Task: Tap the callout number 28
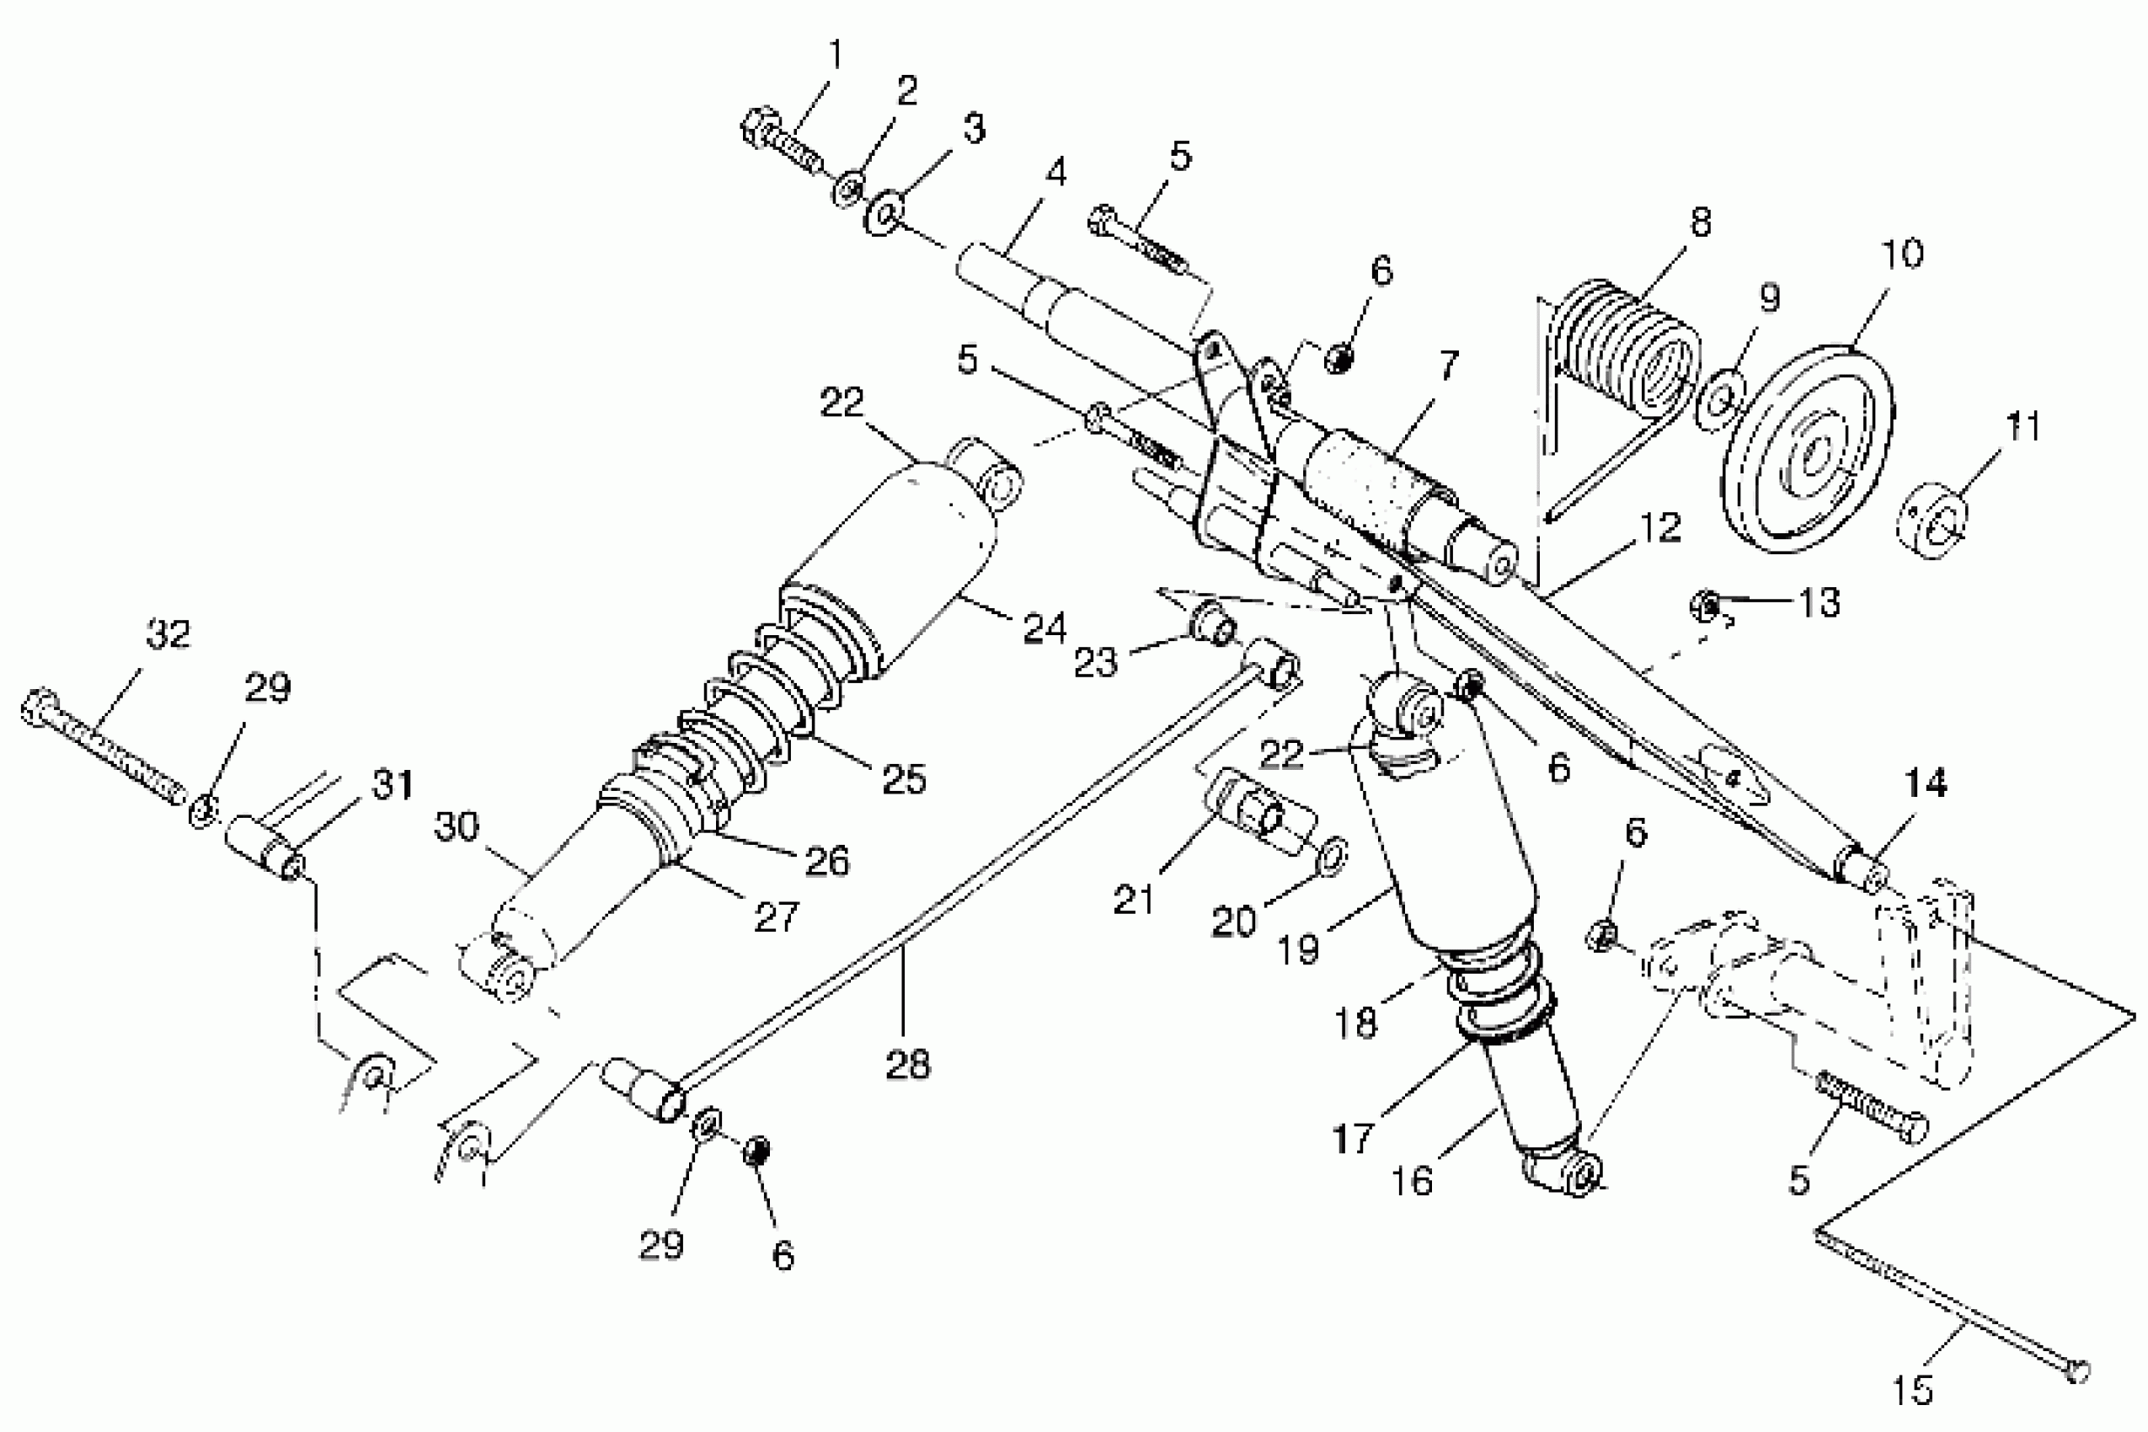907,1064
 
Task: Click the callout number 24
1044,628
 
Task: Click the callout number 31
392,785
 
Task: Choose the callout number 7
1449,366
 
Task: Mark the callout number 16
1412,1181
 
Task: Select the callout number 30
456,826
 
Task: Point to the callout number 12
1659,528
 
